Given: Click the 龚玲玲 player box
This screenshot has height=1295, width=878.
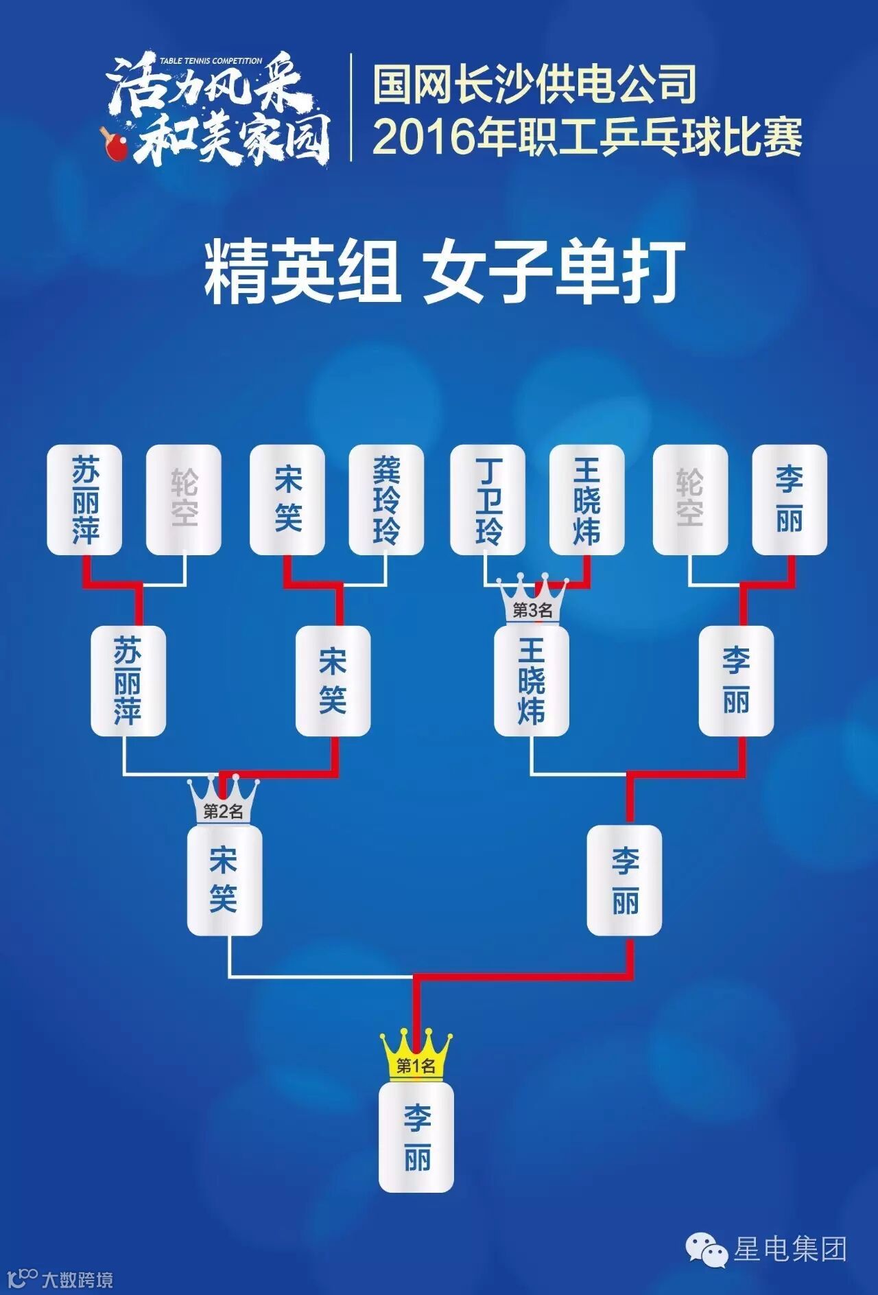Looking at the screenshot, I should [386, 499].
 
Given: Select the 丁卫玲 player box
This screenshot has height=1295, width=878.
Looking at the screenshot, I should [488, 499].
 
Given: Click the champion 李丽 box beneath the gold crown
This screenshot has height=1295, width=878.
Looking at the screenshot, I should [416, 1137].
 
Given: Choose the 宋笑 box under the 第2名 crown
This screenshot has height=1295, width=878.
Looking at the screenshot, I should [224, 880].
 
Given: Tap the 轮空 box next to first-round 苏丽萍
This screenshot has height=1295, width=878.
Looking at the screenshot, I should [184, 499].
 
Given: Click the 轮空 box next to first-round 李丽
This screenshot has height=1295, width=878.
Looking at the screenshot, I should [690, 499].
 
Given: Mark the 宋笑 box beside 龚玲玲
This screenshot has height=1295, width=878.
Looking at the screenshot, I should [287, 499].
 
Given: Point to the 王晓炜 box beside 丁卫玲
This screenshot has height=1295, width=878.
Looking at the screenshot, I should [587, 499].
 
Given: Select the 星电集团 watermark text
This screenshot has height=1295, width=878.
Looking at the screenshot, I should [790, 1248].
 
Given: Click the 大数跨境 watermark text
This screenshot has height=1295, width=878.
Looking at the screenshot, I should [77, 1280].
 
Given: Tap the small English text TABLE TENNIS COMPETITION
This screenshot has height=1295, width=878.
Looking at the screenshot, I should [211, 61].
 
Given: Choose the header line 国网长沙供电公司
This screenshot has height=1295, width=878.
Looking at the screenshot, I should [535, 84].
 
